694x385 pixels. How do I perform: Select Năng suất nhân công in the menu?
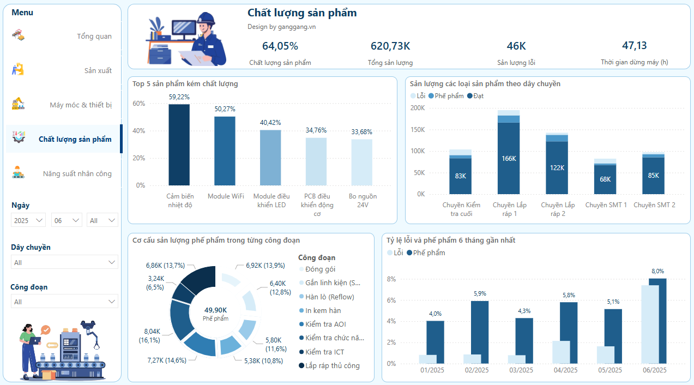coord(77,174)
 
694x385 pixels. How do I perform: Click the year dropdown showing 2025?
coord(29,220)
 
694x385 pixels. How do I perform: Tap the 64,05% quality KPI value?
coord(280,46)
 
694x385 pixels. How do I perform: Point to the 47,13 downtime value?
coord(635,45)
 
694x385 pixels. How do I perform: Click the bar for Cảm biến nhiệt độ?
coord(179,145)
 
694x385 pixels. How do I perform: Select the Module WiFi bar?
coord(225,151)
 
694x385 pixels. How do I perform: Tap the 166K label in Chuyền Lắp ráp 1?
coord(509,159)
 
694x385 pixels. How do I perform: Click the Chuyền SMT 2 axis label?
coord(654,205)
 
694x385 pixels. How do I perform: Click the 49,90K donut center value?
coord(216,310)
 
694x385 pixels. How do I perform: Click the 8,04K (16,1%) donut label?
coord(152,335)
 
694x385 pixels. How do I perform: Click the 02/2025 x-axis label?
coord(476,370)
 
